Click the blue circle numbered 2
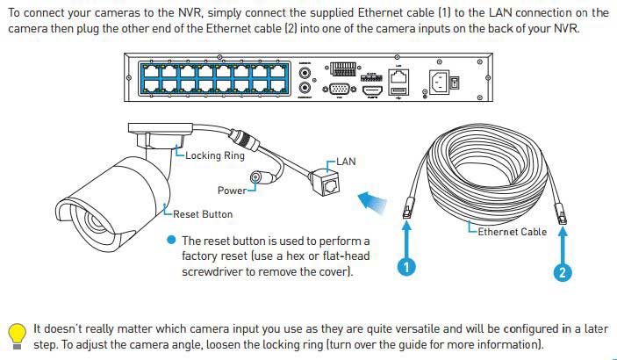(x=563, y=272)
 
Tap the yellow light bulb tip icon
(x=17, y=334)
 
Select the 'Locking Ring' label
(x=215, y=155)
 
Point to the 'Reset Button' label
(x=203, y=213)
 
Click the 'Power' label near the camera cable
(x=232, y=190)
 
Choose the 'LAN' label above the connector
(x=345, y=162)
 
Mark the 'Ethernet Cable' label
(x=512, y=232)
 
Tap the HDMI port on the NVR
(x=370, y=90)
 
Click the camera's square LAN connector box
(x=331, y=185)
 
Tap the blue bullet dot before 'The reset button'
(x=171, y=241)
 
